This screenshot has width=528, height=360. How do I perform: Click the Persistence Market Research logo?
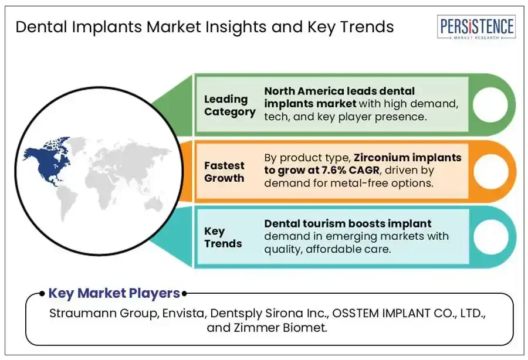(476, 27)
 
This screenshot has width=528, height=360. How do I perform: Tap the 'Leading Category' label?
(229, 106)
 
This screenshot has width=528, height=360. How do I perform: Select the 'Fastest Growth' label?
(224, 172)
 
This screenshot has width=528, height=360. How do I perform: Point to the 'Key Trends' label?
(223, 237)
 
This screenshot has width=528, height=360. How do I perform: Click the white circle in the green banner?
(490, 104)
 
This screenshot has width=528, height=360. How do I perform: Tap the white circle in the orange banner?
(491, 172)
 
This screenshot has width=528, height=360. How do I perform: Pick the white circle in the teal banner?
(491, 237)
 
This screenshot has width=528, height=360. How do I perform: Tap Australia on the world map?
(154, 203)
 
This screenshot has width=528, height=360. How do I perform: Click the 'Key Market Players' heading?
(114, 293)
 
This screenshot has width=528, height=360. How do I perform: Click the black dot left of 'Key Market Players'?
(42, 294)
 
